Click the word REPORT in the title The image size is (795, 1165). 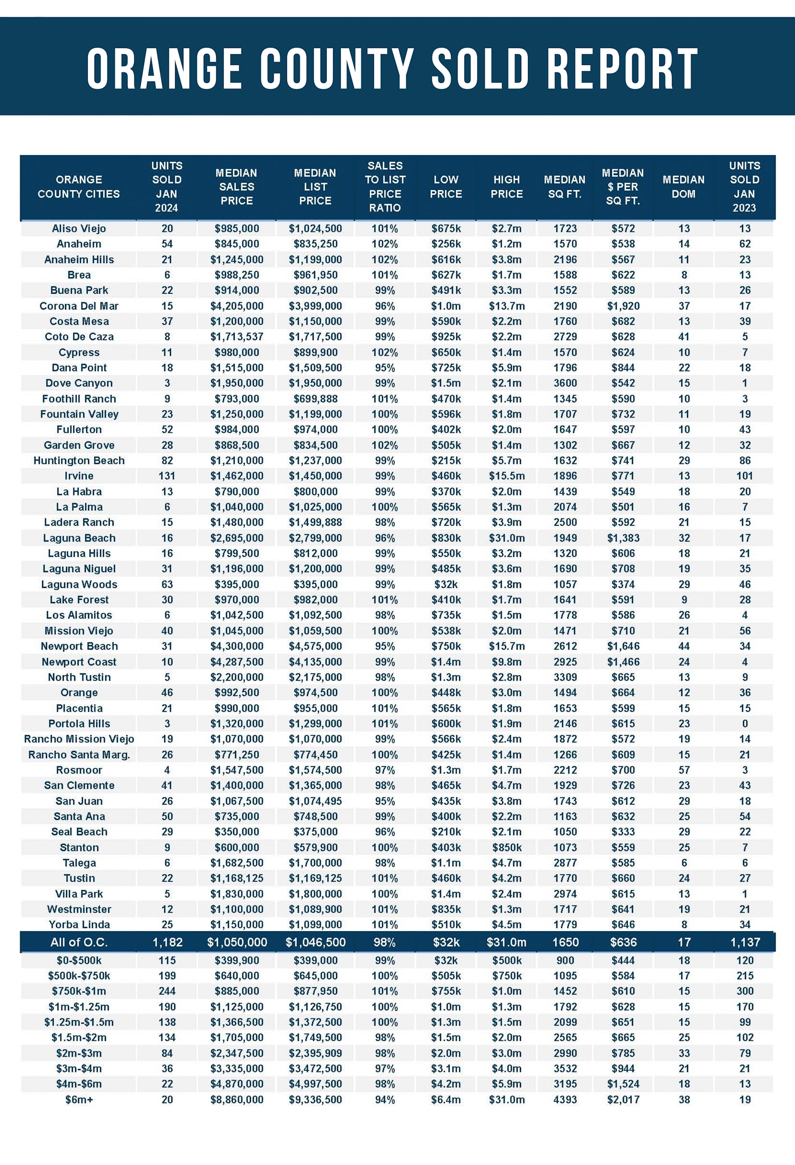click(x=622, y=69)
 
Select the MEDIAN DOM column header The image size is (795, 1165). click(x=684, y=187)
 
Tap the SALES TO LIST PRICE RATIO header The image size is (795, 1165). click(x=385, y=187)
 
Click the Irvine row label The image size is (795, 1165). click(x=79, y=476)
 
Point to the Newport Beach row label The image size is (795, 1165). click(x=79, y=646)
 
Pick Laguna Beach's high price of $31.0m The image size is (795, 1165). click(x=506, y=538)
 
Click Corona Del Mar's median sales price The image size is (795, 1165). click(x=237, y=306)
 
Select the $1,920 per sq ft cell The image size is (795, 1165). click(x=623, y=306)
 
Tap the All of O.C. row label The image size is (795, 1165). click(x=79, y=942)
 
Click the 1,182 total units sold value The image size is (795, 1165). click(x=167, y=942)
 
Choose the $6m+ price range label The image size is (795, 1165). click(x=79, y=1099)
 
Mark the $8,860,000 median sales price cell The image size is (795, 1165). click(x=237, y=1099)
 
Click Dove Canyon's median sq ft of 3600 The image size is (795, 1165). click(x=565, y=383)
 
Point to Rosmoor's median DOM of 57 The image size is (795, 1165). click(x=684, y=770)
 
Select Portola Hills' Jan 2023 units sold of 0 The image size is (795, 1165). click(x=745, y=723)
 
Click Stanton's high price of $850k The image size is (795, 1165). click(x=506, y=847)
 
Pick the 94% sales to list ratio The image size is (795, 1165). click(x=385, y=1099)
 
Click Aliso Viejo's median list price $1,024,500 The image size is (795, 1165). click(x=315, y=229)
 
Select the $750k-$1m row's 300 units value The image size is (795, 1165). click(x=745, y=991)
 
